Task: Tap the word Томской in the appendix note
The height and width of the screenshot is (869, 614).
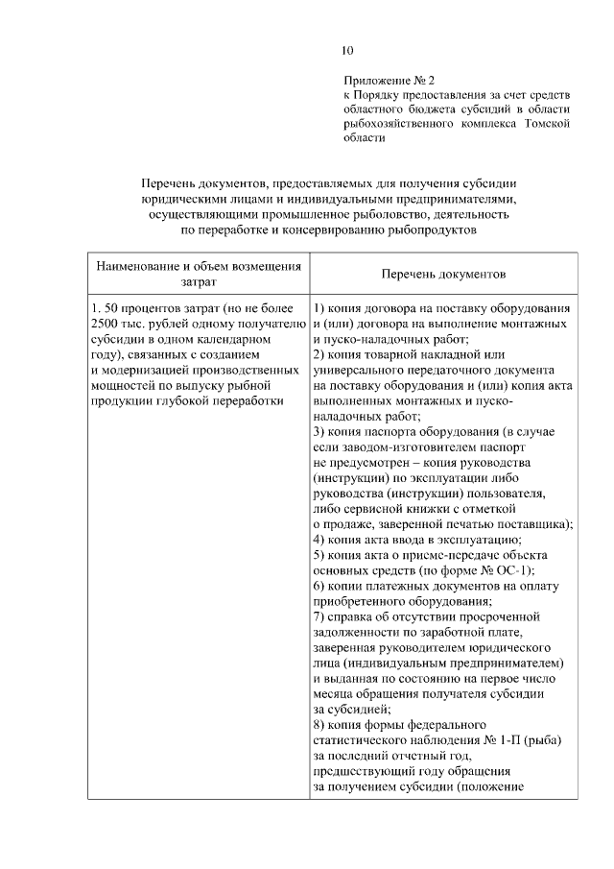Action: point(548,123)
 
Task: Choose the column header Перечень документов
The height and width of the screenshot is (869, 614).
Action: point(442,274)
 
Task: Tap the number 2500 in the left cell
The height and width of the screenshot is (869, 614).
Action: point(101,325)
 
